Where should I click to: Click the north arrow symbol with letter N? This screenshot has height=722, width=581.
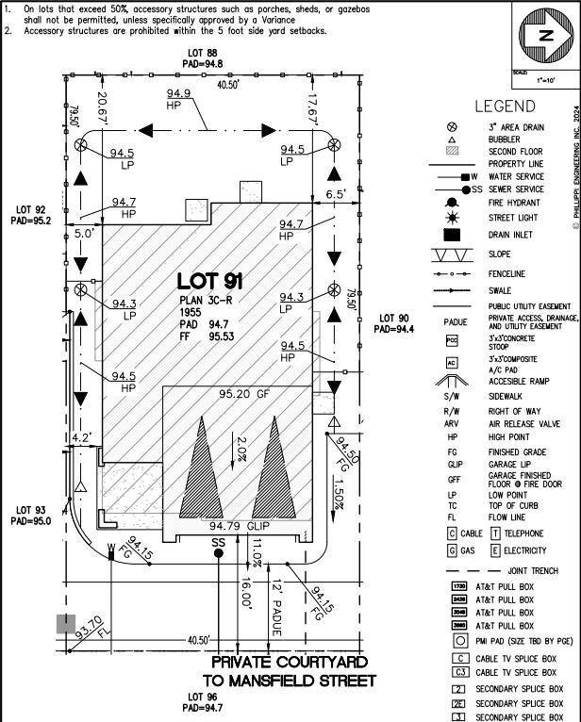(x=544, y=37)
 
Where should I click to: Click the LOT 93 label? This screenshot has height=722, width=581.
(x=27, y=516)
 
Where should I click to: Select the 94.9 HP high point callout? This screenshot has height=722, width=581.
(x=179, y=99)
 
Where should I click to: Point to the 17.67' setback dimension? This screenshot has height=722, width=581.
(x=313, y=109)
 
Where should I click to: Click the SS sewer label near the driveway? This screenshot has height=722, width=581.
(x=218, y=542)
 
